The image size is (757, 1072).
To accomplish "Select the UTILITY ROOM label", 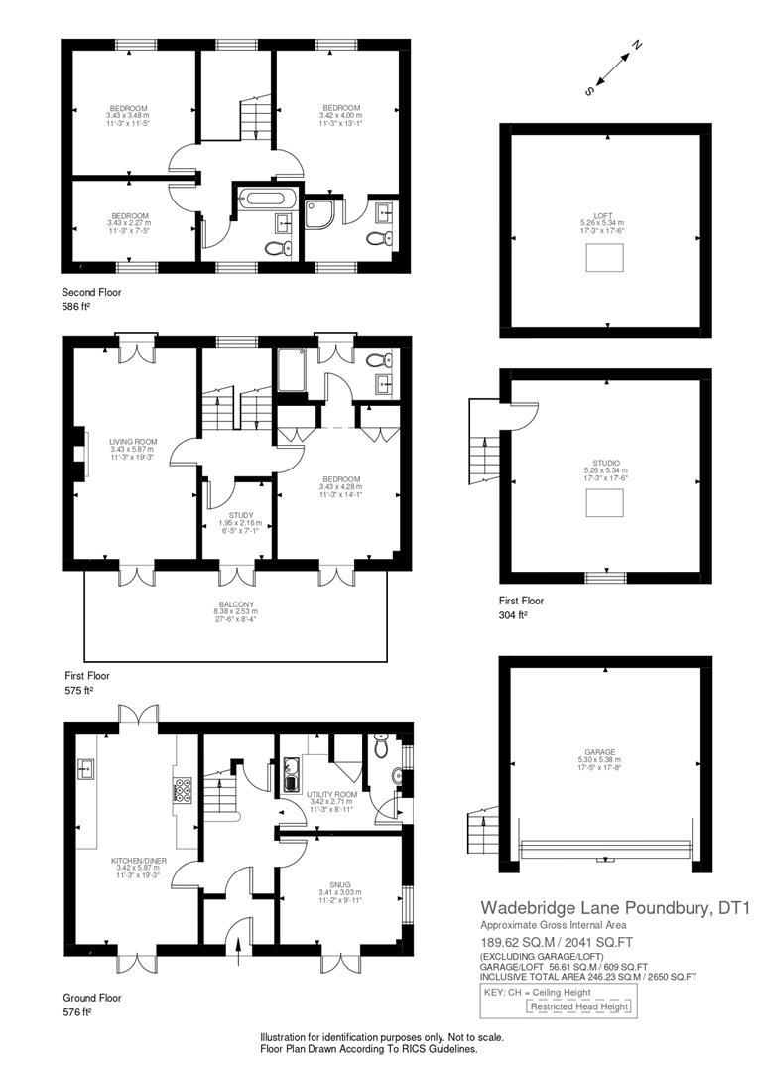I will coord(337,796).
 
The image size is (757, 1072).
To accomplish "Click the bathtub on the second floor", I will coord(265,197).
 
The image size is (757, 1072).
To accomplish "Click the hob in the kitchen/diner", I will coord(184,789).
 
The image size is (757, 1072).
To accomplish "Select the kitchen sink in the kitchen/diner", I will coord(84,767).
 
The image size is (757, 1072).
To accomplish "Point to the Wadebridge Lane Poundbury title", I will coord(615,907).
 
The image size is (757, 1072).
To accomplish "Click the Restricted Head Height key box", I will coord(579,1006).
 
